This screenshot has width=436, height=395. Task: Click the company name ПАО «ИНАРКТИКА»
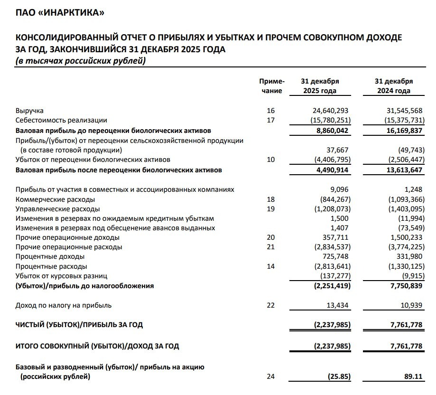pos(60,13)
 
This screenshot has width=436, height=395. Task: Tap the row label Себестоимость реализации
pos(62,120)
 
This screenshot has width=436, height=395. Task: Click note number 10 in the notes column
pos(271,160)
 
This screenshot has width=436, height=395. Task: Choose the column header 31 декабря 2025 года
pos(320,86)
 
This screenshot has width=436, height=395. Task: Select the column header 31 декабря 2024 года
pos(394,86)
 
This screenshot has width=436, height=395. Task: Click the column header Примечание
pos(271,86)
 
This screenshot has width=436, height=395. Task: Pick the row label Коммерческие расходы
pos(55,199)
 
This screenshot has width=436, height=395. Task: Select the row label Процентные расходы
pos(51,266)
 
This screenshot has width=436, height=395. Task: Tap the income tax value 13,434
pos(338,305)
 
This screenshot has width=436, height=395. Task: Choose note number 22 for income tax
pos(271,305)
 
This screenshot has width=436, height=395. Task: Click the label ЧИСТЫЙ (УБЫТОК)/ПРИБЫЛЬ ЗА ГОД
pos(79,325)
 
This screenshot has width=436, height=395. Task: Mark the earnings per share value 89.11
pos(412,377)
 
